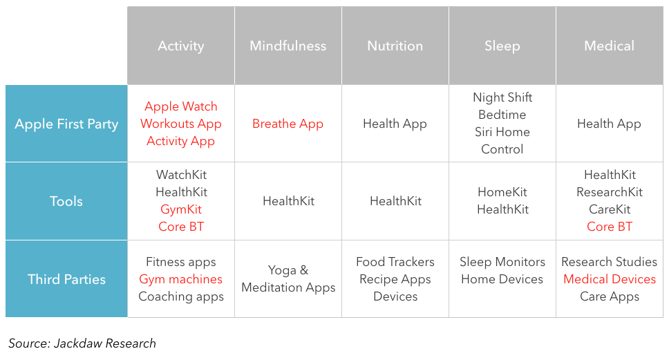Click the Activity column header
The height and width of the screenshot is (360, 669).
click(181, 46)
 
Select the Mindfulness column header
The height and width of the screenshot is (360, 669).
click(288, 46)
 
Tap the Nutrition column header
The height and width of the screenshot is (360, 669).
click(395, 46)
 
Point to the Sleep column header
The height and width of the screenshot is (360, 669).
click(502, 46)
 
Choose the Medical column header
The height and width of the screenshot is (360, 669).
click(610, 46)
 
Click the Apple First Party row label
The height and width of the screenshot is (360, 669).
click(66, 124)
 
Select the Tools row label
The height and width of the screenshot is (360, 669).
click(66, 201)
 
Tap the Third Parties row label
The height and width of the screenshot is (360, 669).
click(66, 279)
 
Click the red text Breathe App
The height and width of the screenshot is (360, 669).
click(288, 124)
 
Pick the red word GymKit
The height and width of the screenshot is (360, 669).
click(181, 209)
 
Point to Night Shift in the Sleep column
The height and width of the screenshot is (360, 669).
click(502, 97)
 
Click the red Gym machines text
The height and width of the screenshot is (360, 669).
click(181, 279)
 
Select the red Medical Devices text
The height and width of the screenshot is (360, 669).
click(610, 279)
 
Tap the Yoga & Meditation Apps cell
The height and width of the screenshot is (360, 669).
click(288, 279)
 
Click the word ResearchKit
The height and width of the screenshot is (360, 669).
click(610, 192)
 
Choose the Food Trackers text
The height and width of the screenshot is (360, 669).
click(395, 261)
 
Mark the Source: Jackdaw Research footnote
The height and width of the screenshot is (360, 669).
click(82, 343)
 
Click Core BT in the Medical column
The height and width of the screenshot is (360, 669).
click(610, 227)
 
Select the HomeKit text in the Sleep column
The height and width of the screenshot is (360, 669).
click(502, 192)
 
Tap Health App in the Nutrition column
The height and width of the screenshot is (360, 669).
click(395, 124)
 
